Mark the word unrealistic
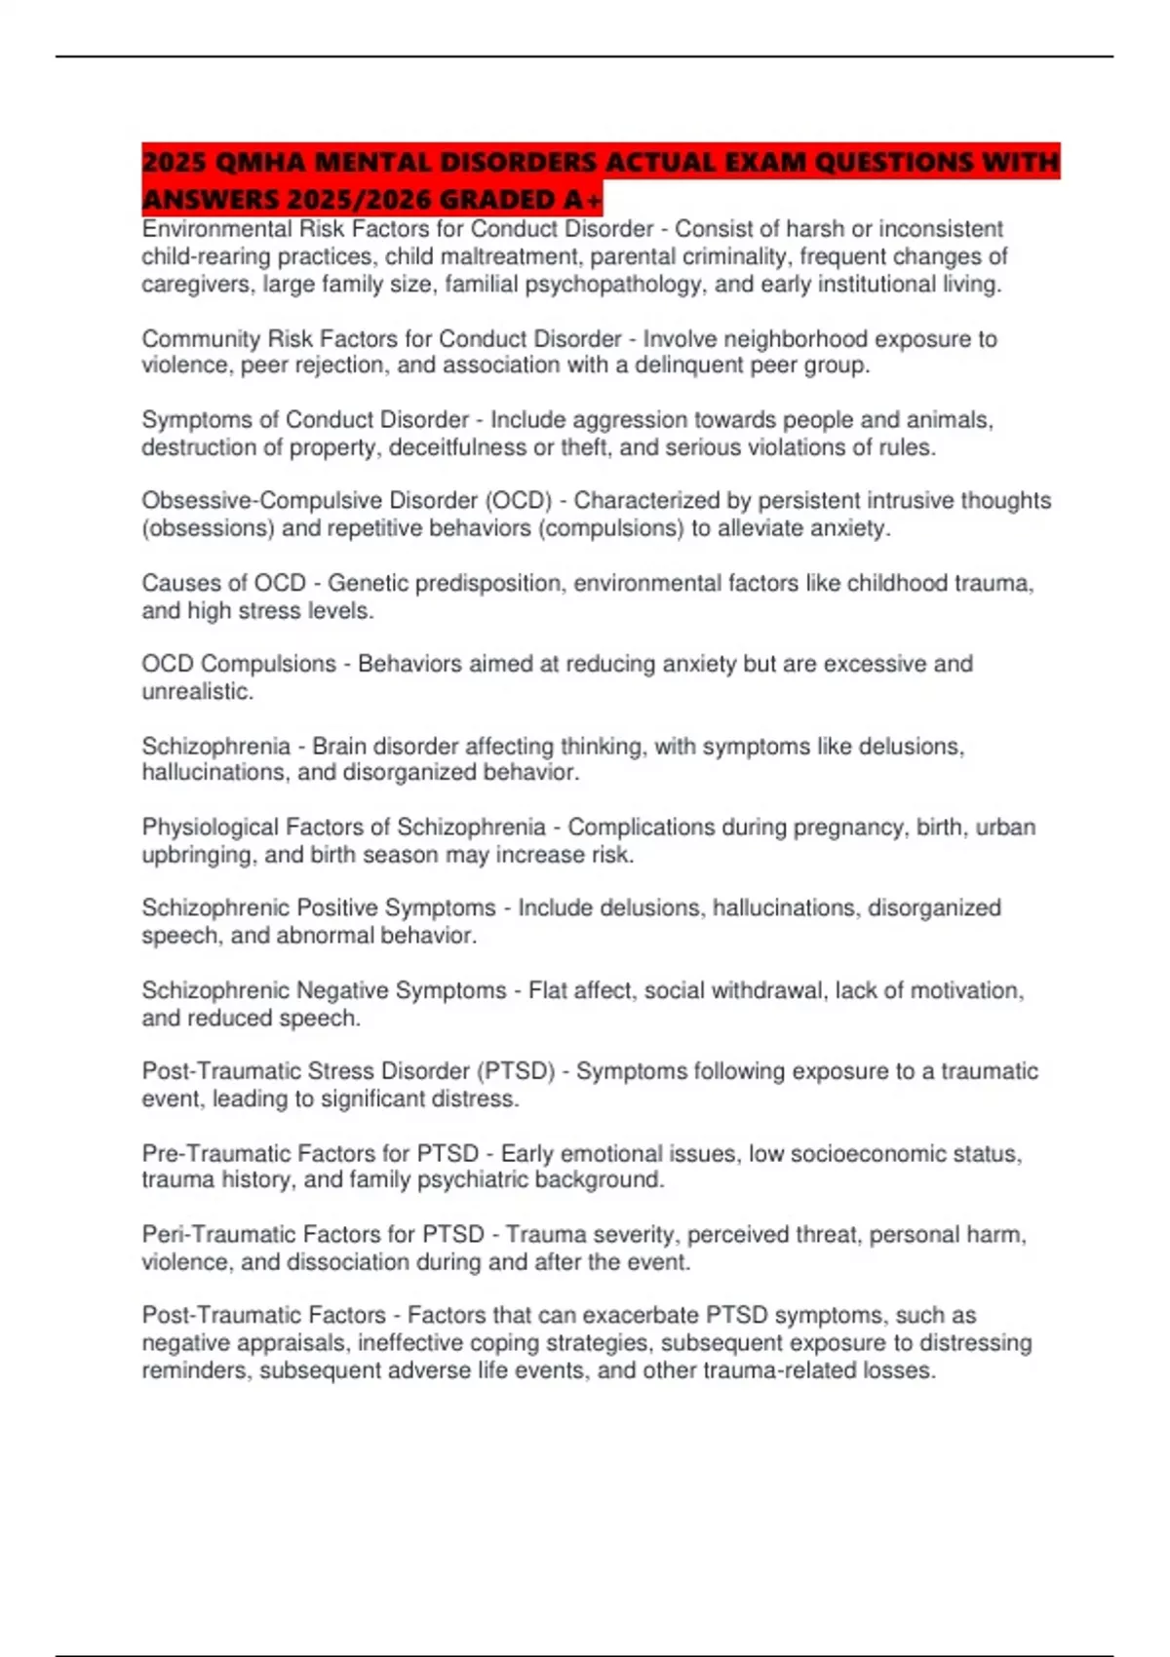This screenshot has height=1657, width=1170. (197, 692)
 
